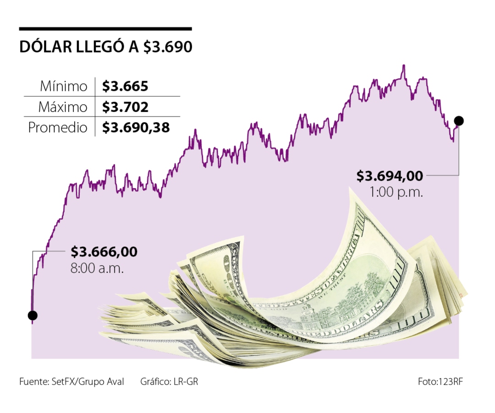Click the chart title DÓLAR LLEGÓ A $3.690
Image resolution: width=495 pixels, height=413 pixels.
[105, 48]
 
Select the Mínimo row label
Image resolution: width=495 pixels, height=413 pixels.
[63, 86]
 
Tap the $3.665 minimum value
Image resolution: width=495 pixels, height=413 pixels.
[126, 86]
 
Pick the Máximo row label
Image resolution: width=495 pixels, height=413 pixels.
[62, 107]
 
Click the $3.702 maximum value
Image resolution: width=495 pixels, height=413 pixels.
[126, 107]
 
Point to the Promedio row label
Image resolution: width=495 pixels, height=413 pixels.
[58, 128]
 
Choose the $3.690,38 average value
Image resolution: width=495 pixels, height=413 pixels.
[136, 128]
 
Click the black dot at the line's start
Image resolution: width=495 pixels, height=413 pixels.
[32, 315]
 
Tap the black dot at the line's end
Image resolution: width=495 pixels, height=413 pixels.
[458, 121]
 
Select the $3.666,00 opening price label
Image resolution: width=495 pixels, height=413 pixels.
[104, 252]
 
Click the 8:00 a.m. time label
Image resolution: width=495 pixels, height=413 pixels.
[97, 268]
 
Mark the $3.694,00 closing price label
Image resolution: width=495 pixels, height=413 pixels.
[390, 176]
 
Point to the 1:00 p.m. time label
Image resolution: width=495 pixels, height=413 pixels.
[396, 192]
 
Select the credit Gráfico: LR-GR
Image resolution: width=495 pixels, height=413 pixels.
[169, 381]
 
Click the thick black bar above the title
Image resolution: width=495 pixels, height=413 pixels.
[105, 29]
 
